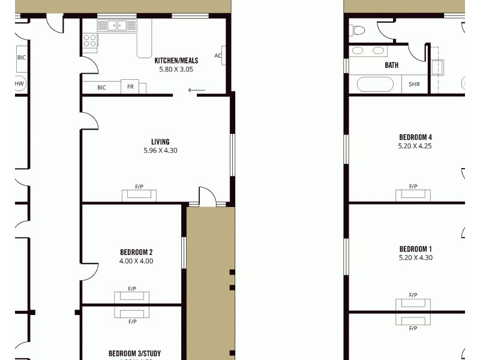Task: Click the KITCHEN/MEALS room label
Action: [176, 61]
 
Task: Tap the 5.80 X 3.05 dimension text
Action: [176, 69]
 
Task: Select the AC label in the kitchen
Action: [218, 56]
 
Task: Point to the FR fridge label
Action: [130, 87]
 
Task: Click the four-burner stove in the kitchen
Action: [90, 40]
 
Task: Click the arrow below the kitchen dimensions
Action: [196, 91]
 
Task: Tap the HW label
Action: [20, 83]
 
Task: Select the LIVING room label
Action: [160, 142]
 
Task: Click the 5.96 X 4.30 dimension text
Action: [160, 151]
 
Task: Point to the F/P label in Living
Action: [139, 187]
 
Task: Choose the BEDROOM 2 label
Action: [136, 252]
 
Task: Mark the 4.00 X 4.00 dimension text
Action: [136, 261]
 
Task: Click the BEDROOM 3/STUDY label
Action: [134, 353]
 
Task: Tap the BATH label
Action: [392, 65]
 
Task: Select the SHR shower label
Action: [415, 85]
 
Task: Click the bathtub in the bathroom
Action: [375, 84]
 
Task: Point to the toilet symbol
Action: [358, 29]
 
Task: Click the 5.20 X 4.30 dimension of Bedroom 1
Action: [415, 258]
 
